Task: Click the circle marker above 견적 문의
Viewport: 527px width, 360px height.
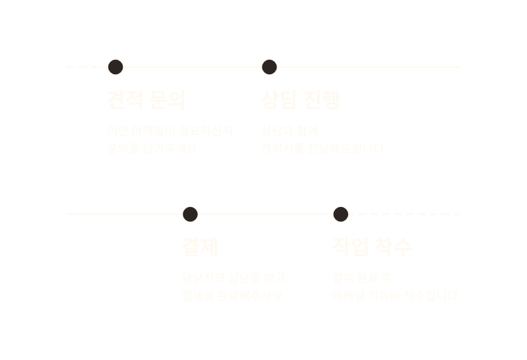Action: tap(116, 67)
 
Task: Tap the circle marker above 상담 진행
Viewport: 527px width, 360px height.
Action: tap(269, 67)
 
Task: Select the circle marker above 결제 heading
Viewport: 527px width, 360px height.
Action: tap(190, 215)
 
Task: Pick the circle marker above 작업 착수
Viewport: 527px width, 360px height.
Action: tap(341, 215)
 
